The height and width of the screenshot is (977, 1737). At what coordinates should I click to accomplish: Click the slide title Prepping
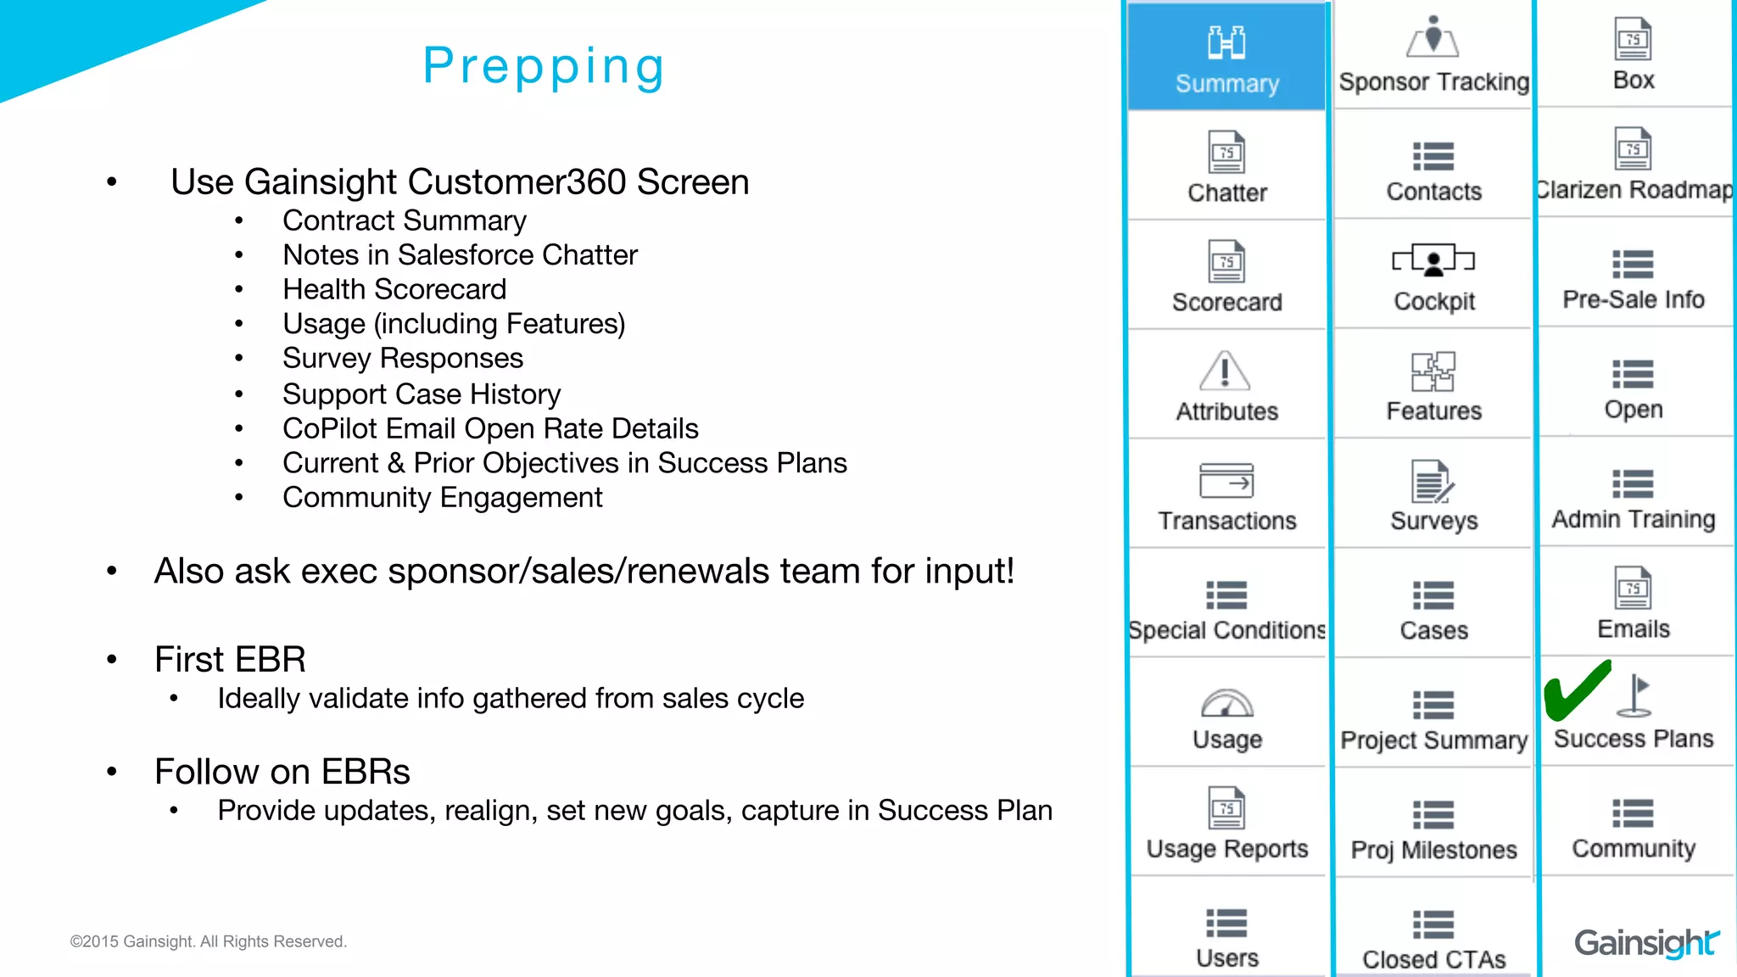point(544,66)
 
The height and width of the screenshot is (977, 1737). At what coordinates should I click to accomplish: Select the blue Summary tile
point(1226,58)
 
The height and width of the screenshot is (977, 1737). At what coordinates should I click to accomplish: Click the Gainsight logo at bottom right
point(1645,941)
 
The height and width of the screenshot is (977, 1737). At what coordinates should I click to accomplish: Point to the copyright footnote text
point(208,941)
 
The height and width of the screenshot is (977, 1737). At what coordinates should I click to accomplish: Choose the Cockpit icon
point(1433,260)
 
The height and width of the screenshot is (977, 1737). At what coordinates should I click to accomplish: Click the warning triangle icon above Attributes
point(1225,371)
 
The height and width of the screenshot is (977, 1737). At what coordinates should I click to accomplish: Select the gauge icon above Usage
point(1226,703)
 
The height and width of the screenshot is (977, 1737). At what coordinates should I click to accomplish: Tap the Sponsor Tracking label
point(1433,81)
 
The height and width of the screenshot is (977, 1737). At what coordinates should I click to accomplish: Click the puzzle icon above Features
point(1433,371)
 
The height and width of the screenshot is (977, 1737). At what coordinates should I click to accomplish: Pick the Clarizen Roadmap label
point(1634,189)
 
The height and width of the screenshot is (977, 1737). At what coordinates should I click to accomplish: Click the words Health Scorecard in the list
point(394,289)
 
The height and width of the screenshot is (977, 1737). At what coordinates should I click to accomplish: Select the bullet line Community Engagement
point(442,497)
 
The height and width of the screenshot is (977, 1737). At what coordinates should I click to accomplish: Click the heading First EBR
point(230,659)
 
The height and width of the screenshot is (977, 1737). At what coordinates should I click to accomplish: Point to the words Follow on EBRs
point(282,772)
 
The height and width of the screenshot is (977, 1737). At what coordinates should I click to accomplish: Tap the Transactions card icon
point(1226,481)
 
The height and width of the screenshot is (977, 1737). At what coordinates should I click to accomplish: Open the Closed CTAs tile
point(1433,937)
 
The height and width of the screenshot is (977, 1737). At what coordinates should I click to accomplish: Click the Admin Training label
point(1633,518)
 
